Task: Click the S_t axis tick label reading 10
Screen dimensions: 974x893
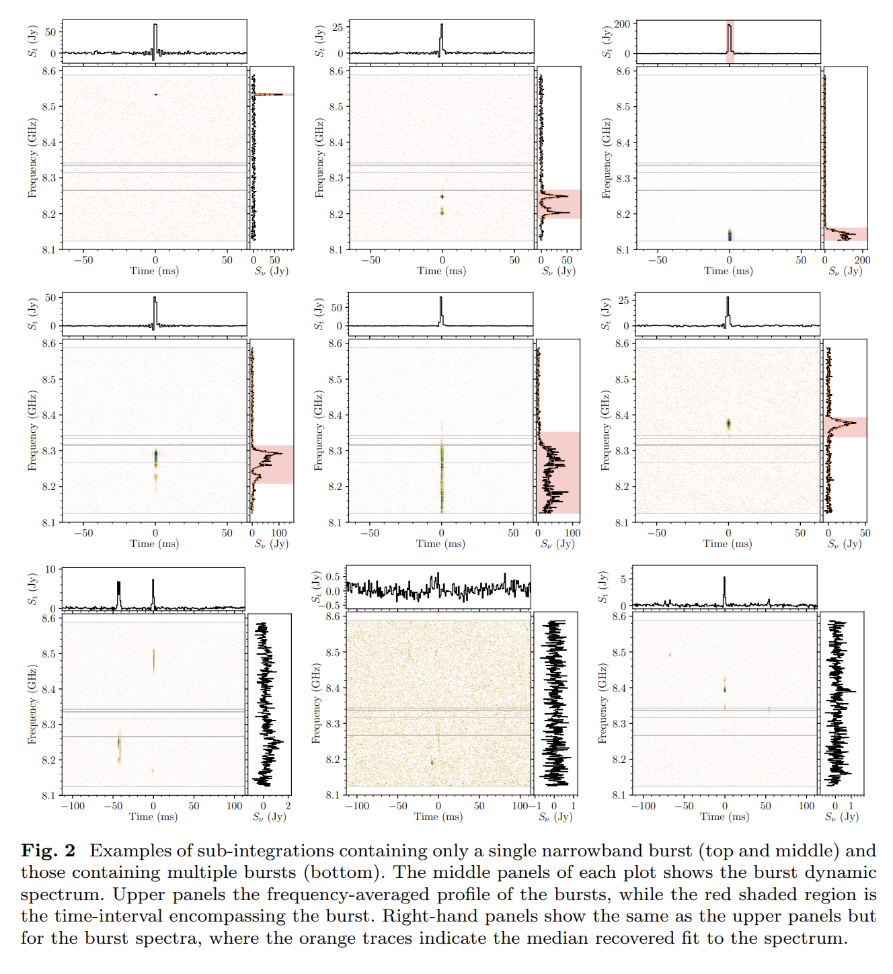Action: (50, 569)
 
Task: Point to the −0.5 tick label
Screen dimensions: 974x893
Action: (332, 605)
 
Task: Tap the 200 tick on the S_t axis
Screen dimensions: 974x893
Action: (622, 24)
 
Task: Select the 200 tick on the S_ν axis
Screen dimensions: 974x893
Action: (861, 260)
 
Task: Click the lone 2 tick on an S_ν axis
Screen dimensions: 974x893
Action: (288, 806)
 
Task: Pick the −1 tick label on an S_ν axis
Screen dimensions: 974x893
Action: (535, 806)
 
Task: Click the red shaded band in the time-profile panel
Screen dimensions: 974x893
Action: (730, 42)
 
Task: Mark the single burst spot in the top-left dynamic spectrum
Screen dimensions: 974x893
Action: (155, 95)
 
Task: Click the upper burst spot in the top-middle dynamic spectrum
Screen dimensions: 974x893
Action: (442, 196)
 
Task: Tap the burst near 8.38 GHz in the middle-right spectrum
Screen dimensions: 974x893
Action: (728, 423)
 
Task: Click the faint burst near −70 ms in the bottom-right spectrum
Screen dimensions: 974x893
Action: (670, 655)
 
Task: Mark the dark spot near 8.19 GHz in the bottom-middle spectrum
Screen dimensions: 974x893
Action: (432, 762)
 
